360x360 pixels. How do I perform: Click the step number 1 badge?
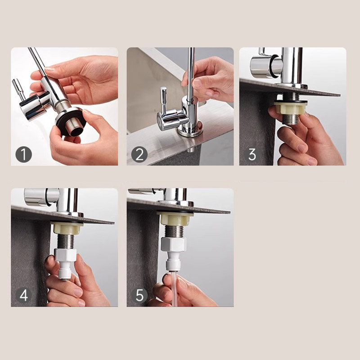23,155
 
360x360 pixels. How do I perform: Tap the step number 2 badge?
139,155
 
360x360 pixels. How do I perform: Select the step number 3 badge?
252,155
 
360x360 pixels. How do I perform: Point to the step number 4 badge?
23,296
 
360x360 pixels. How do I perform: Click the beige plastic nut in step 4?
66,228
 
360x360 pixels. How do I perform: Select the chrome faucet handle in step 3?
265,67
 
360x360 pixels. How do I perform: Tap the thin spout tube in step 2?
191,72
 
